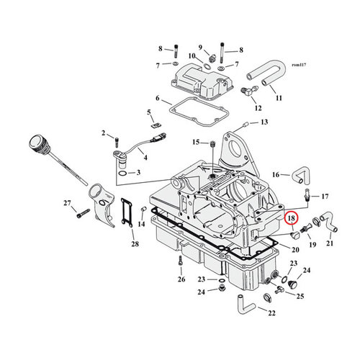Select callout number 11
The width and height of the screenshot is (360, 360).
(x=279, y=97)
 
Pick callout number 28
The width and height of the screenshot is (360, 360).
(x=135, y=246)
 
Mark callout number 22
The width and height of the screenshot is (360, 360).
(x=272, y=312)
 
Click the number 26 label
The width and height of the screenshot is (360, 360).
(x=181, y=279)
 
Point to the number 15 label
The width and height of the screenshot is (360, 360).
(x=195, y=143)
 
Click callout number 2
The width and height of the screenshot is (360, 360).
(x=104, y=133)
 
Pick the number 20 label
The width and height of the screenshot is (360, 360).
(x=294, y=249)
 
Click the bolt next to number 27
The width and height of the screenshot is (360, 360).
(x=84, y=213)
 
